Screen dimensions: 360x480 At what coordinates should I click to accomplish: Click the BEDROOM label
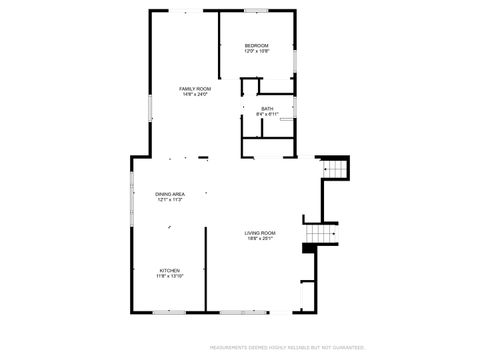pos(257,46)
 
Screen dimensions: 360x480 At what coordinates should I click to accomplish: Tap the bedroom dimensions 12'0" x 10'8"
pos(257,52)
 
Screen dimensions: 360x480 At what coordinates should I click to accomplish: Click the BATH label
pos(267,108)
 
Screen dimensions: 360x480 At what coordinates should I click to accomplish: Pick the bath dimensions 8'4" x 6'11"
pos(267,114)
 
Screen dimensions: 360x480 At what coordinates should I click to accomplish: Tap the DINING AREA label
pos(169,193)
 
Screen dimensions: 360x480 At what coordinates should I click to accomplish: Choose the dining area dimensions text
pos(169,199)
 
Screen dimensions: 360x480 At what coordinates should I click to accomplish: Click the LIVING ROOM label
pos(260,233)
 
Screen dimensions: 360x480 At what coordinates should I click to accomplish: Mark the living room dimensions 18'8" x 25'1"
pos(260,239)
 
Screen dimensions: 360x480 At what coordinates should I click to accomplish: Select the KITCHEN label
pos(169,269)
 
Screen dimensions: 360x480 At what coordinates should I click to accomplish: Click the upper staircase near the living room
pos(336,171)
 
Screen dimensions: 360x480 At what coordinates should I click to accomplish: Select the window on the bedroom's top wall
pos(257,11)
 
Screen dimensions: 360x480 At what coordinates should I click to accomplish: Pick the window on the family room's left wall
pos(150,106)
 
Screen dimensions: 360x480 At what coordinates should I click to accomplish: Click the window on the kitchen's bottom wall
pos(169,311)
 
